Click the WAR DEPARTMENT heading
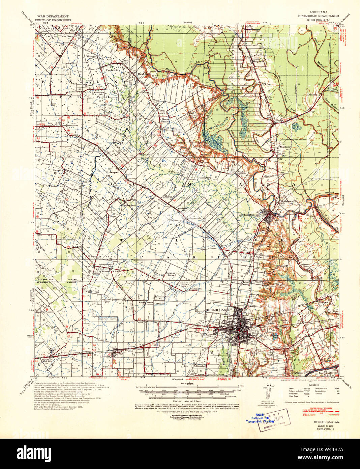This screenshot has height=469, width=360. tap(54, 16)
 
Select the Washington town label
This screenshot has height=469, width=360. tap(246, 215)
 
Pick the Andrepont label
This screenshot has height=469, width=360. tap(129, 205)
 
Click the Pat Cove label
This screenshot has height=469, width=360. tap(47, 312)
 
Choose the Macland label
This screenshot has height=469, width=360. tap(285, 147)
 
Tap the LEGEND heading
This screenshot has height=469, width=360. tap(314, 385)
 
